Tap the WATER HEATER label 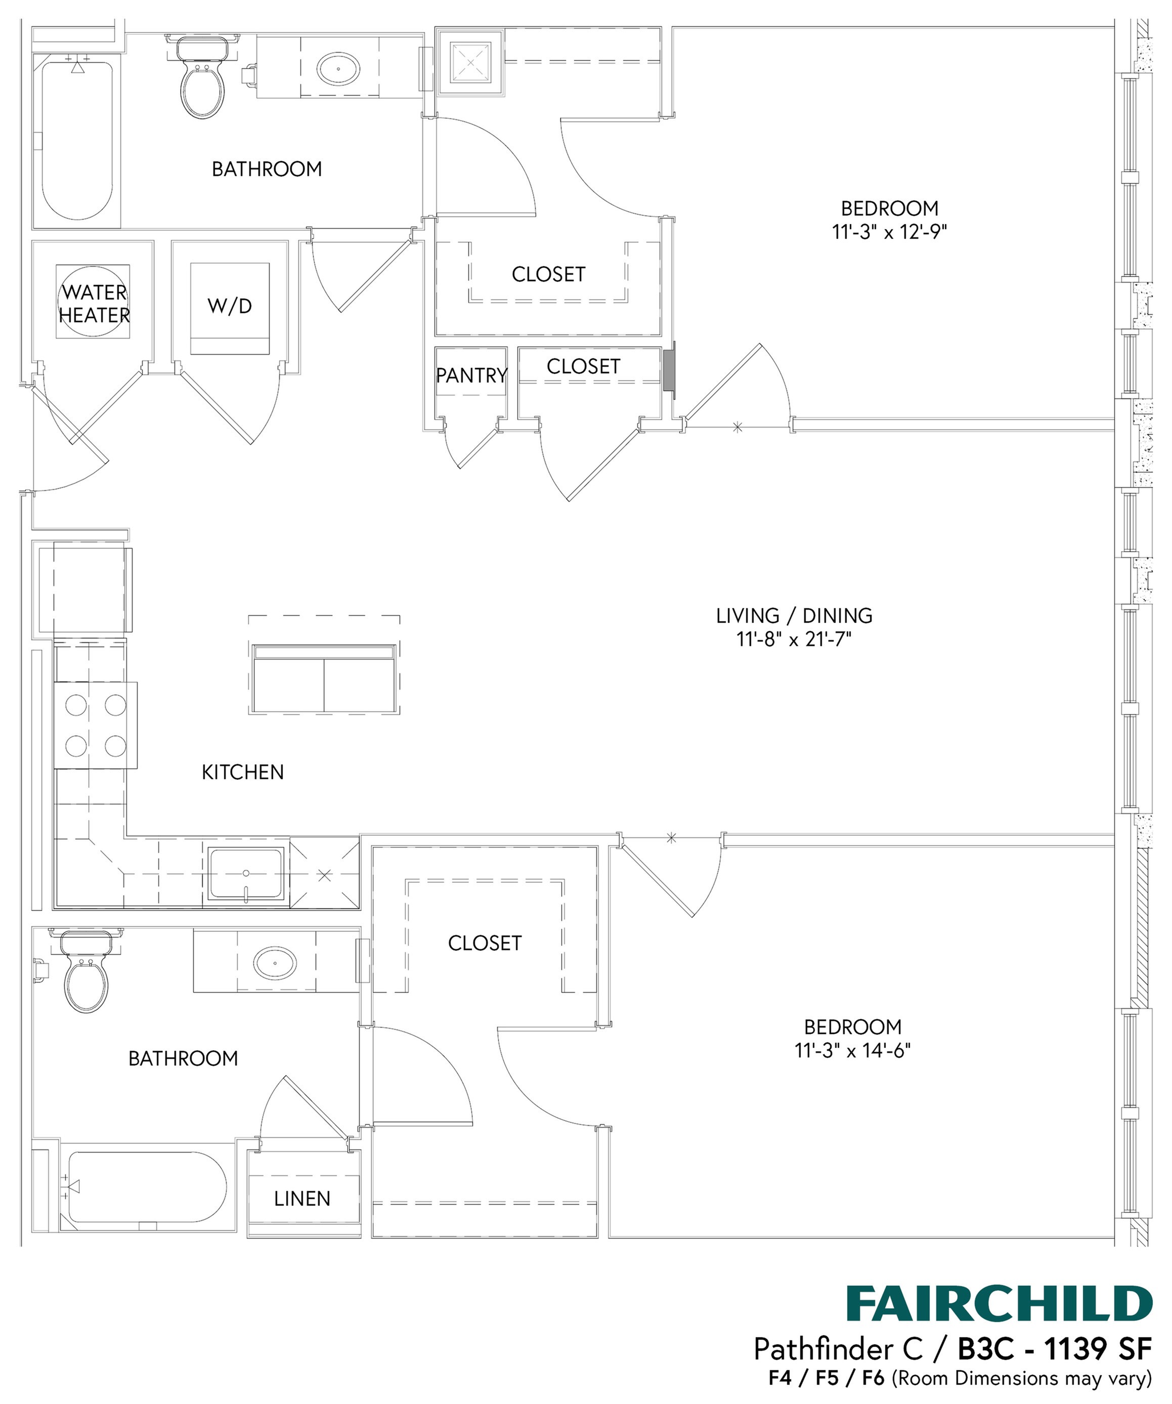pyautogui.click(x=94, y=304)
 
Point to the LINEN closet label pyautogui.click(x=302, y=1199)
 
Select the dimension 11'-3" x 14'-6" pyautogui.click(x=852, y=1051)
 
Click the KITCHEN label pyautogui.click(x=243, y=772)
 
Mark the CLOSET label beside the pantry pyautogui.click(x=583, y=366)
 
